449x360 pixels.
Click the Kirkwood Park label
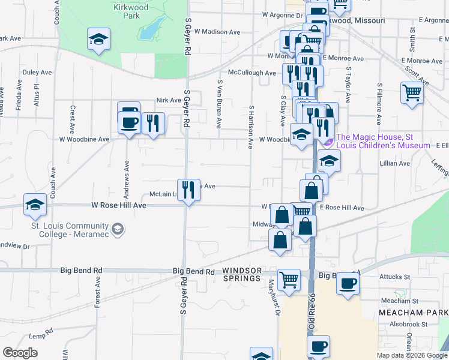[131, 11]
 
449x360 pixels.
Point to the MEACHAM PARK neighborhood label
[413, 313]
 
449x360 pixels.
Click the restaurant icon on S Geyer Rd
[189, 190]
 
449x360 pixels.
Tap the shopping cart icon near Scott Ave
[412, 93]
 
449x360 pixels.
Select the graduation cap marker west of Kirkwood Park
[98, 39]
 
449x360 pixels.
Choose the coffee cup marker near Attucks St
[347, 283]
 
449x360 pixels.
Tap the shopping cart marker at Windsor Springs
[289, 279]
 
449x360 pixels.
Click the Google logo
[20, 353]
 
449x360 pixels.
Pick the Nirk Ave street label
[168, 100]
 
